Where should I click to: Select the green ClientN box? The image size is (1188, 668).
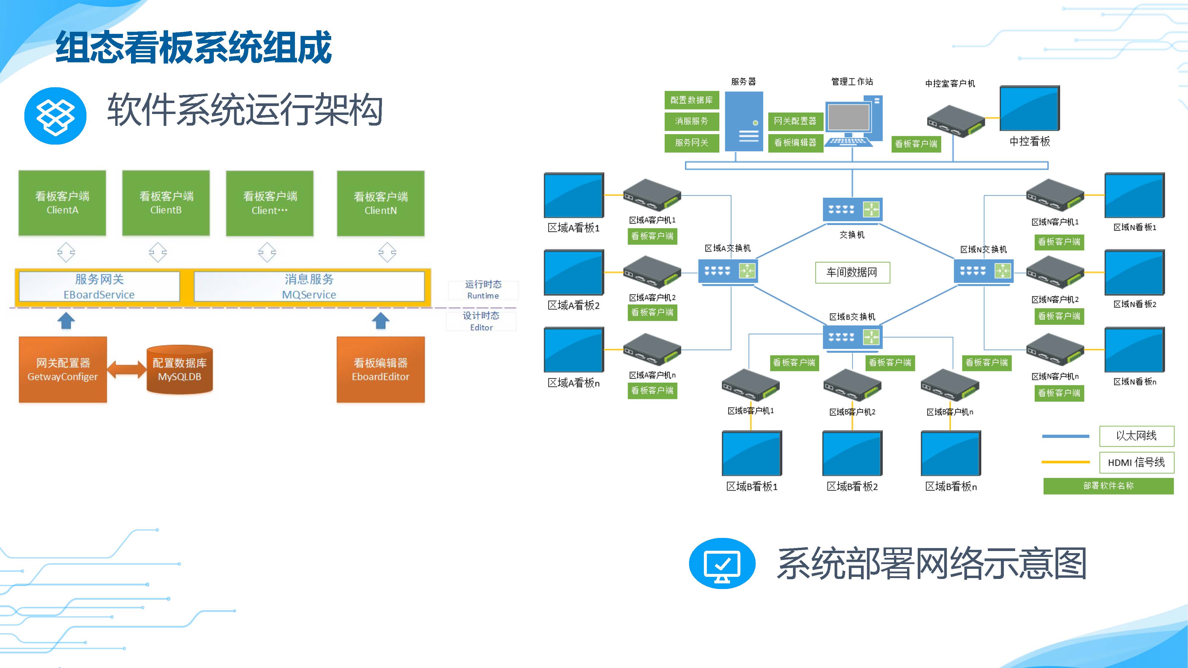click(380, 203)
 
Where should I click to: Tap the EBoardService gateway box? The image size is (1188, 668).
click(99, 286)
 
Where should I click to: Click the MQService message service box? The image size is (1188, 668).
click(309, 286)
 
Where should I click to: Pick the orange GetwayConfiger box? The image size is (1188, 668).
click(63, 369)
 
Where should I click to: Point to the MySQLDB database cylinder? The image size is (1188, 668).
click(179, 369)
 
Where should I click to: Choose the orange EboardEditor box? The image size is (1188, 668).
click(380, 369)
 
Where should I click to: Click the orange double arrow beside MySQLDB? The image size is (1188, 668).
click(126, 370)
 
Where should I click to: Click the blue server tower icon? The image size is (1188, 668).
click(744, 121)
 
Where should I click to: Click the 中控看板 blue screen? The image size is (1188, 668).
click(1029, 108)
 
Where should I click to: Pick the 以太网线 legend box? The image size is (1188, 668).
click(1136, 436)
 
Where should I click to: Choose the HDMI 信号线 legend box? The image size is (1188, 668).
click(1136, 462)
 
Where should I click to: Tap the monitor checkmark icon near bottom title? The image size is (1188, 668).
click(722, 563)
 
